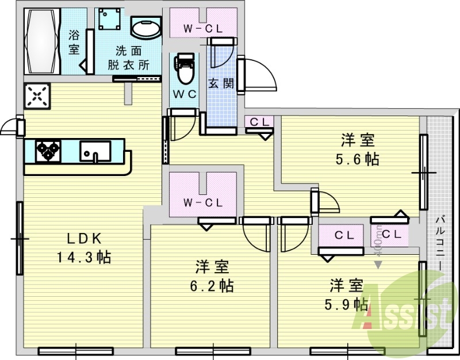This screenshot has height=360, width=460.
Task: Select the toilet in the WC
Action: pyautogui.click(x=185, y=69)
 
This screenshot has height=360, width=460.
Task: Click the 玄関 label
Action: pyautogui.click(x=221, y=83)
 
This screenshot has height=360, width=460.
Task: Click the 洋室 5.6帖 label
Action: pyautogui.click(x=358, y=149)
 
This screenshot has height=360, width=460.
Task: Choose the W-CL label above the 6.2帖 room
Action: pyautogui.click(x=202, y=202)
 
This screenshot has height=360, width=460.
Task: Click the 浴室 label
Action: pyautogui.click(x=74, y=42)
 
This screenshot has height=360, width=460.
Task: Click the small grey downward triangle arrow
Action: pyautogui.click(x=378, y=265)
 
